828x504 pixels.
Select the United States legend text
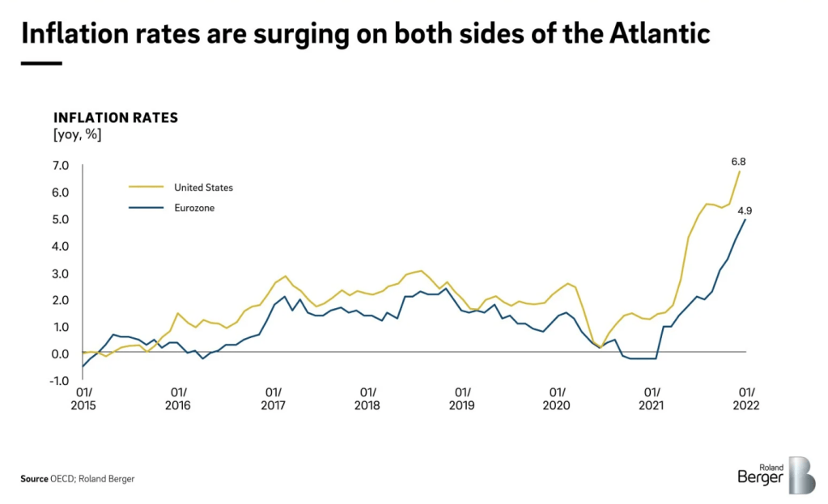coord(203,188)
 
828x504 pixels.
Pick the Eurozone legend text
coord(194,209)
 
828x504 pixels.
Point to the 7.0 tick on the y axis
coord(62,166)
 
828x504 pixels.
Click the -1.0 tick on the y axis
coord(61,381)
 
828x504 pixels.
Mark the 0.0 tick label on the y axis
coord(62,354)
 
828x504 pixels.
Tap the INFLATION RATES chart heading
coord(115,118)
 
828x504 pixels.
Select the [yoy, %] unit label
coord(78,134)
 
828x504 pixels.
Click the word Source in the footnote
coord(35,479)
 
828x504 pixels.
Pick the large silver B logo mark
coord(801,475)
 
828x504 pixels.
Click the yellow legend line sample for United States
coord(146,188)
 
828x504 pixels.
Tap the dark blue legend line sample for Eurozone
coord(146,209)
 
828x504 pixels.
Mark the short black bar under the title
coord(41,63)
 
